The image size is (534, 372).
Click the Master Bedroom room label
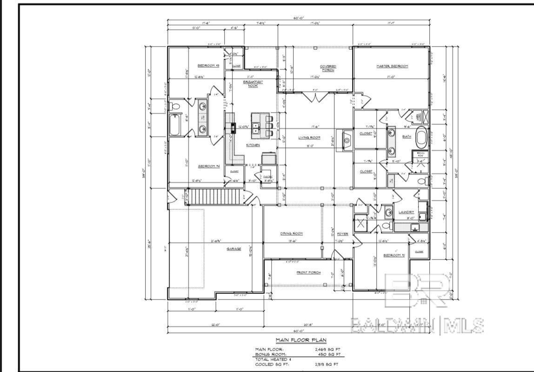point(392,66)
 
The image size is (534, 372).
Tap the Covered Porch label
point(327,68)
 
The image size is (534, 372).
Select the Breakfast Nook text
point(253,83)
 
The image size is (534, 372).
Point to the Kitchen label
point(253,145)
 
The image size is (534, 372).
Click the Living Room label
point(309,137)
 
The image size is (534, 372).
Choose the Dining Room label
point(292,233)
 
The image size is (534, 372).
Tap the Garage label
point(234,249)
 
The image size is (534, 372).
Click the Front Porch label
point(308,272)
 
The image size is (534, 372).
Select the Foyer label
point(342,233)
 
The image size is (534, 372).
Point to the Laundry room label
point(406,212)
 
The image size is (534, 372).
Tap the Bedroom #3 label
point(208,66)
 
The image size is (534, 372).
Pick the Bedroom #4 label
point(208,166)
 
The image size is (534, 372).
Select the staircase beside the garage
point(214,195)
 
